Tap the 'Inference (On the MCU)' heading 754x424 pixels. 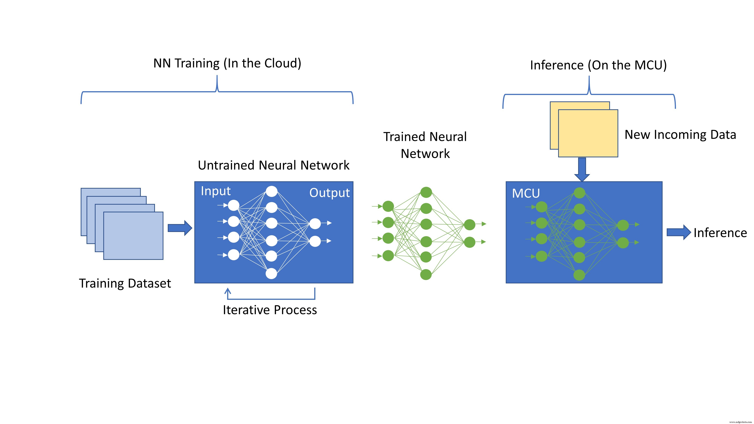tap(598, 65)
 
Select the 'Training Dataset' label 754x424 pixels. tap(125, 283)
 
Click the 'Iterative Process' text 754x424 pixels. tap(270, 310)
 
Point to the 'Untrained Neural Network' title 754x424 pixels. tap(273, 165)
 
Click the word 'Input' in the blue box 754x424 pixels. tap(216, 191)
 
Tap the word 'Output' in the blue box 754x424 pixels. tap(329, 193)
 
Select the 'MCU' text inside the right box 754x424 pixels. tap(526, 193)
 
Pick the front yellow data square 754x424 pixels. tap(588, 133)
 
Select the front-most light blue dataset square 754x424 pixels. tap(133, 236)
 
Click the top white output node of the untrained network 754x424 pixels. tap(315, 223)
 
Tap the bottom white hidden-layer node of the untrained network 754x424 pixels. tap(271, 274)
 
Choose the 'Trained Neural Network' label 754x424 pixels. tap(425, 145)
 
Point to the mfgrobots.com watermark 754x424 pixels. tap(740, 422)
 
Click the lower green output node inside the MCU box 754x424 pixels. tap(623, 243)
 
